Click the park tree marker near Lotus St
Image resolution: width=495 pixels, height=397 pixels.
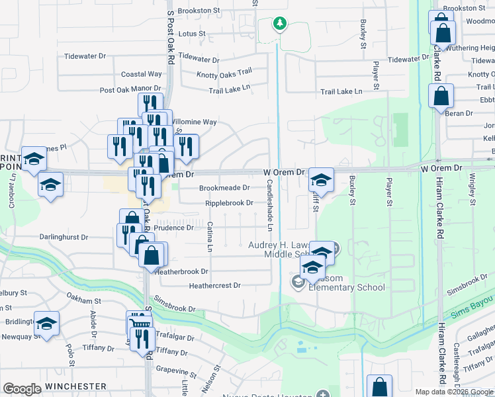pyautogui.click(x=280, y=24)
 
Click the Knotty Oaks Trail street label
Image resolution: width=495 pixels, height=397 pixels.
pyautogui.click(x=221, y=71)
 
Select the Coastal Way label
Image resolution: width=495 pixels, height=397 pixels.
pyautogui.click(x=141, y=74)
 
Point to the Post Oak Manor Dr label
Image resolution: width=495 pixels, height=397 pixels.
pyautogui.click(x=130, y=89)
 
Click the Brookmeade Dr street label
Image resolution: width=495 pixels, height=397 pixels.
pyautogui.click(x=224, y=188)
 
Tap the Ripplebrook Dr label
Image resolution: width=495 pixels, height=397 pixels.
pyautogui.click(x=229, y=203)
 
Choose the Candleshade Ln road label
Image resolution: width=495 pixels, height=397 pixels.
pyautogui.click(x=270, y=206)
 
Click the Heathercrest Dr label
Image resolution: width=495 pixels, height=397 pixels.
pyautogui.click(x=214, y=286)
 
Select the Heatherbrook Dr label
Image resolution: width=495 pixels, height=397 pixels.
pyautogui.click(x=182, y=271)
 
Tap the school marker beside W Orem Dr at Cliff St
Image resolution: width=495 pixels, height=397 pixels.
pyautogui.click(x=321, y=179)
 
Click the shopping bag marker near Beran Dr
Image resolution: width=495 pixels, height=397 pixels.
pyautogui.click(x=440, y=96)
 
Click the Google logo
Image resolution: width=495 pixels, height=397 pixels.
pyautogui.click(x=22, y=389)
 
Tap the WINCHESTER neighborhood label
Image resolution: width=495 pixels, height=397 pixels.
pyautogui.click(x=76, y=386)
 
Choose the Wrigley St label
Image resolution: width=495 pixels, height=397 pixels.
pyautogui.click(x=472, y=190)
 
